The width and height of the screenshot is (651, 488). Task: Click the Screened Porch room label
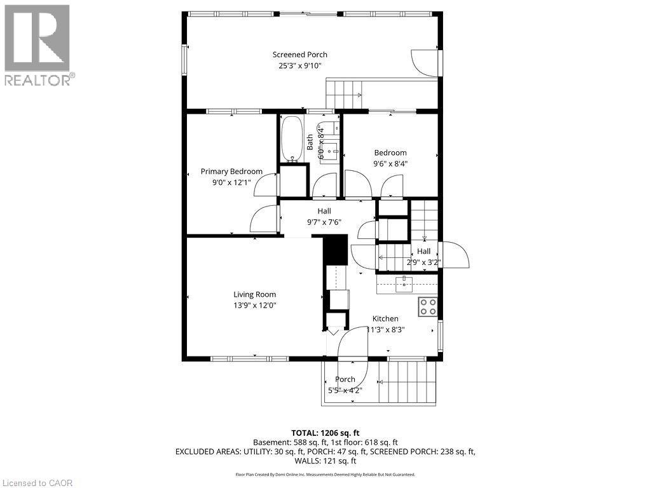pyautogui.click(x=299, y=55)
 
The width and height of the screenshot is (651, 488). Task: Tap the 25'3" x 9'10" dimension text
pyautogui.click(x=299, y=65)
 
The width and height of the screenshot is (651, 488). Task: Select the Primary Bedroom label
pyautogui.click(x=231, y=172)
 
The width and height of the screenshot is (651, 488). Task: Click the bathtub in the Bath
pyautogui.click(x=292, y=139)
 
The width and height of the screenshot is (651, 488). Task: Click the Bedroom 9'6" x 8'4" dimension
pyautogui.click(x=390, y=163)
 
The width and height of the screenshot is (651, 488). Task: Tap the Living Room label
pyautogui.click(x=254, y=294)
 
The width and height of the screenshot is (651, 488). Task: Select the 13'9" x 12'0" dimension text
pyautogui.click(x=254, y=305)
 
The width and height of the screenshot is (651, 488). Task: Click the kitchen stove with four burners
pyautogui.click(x=428, y=307)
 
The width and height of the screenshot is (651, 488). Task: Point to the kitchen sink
pyautogui.click(x=404, y=284)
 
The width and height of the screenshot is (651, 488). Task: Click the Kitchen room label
pyautogui.click(x=385, y=319)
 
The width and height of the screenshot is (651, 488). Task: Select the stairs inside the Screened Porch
pyautogui.click(x=343, y=94)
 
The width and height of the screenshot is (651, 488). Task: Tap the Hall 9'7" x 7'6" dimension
pyautogui.click(x=324, y=222)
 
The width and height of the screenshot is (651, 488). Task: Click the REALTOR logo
pyautogui.click(x=38, y=44)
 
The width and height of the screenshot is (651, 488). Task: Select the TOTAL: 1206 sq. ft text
pyautogui.click(x=325, y=433)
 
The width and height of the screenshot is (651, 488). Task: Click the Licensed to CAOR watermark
pyautogui.click(x=37, y=483)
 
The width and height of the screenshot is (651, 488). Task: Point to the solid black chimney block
pyautogui.click(x=336, y=249)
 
